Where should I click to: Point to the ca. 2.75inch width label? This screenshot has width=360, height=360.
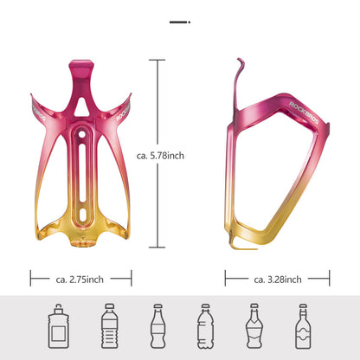80,279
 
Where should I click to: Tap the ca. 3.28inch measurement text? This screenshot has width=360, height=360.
278,279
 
